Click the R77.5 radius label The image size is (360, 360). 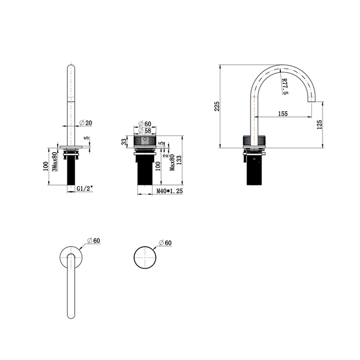285,86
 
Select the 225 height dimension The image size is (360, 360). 217,106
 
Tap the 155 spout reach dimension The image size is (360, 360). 283,114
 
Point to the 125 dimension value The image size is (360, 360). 319,124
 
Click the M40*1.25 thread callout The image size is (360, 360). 169,191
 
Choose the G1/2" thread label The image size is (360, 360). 85,189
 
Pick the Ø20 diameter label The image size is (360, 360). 86,123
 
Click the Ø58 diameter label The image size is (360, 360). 145,131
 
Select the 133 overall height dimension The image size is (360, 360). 179,160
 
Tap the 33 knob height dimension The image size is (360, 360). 124,142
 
